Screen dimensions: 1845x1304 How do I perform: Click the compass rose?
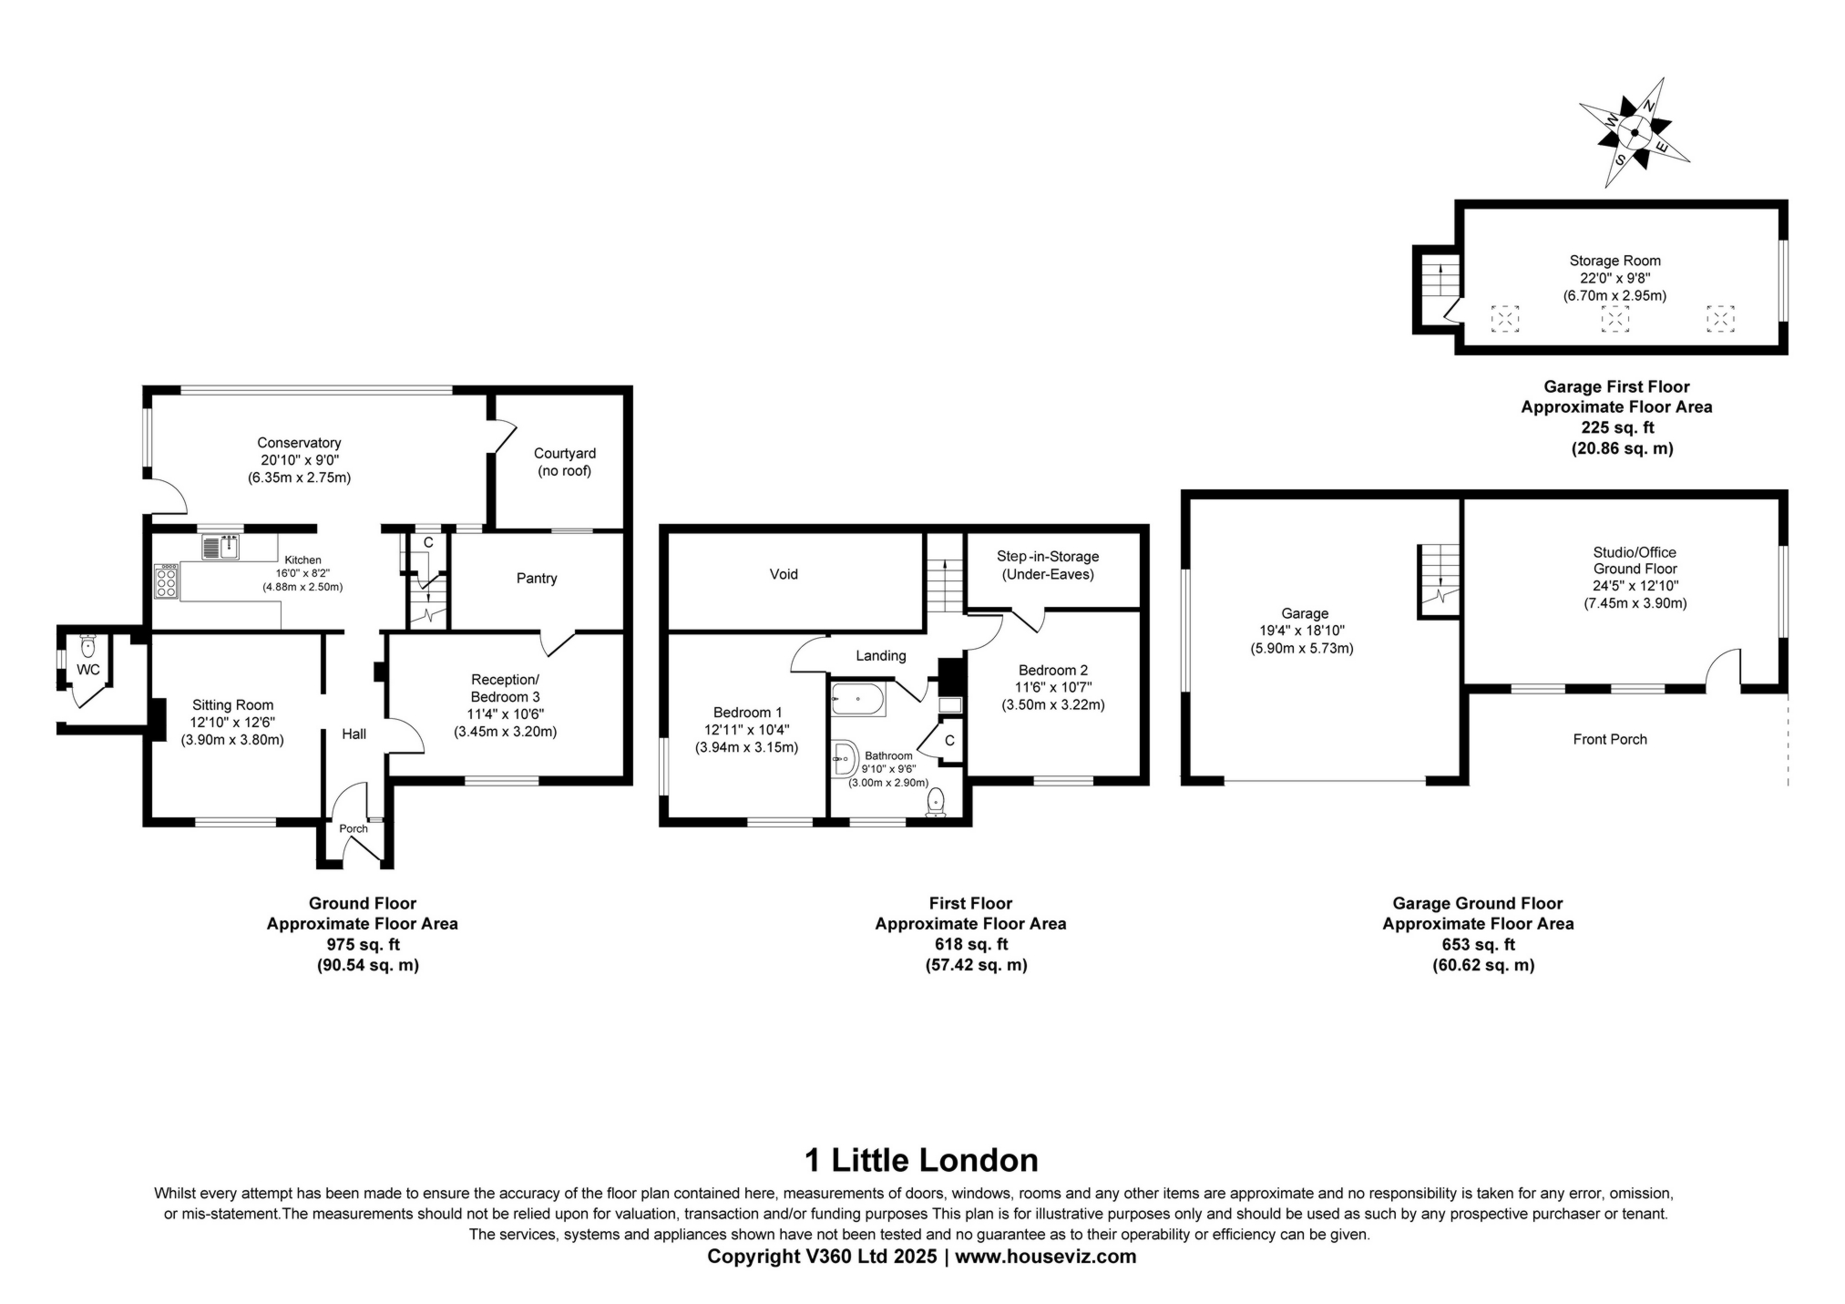coord(1635,133)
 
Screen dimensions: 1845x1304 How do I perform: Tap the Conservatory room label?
coord(299,444)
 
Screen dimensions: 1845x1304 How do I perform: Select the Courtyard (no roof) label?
coord(565,462)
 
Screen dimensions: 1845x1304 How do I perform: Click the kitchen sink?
coord(220,547)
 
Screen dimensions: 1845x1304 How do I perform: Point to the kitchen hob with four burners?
coord(166,581)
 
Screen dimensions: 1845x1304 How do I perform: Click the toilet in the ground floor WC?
coord(87,646)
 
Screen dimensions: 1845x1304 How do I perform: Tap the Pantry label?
coord(537,579)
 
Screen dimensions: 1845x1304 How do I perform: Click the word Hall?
coord(354,734)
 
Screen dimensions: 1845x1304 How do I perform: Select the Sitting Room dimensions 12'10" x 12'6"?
coord(232,723)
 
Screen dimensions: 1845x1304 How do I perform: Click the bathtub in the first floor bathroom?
coord(858,700)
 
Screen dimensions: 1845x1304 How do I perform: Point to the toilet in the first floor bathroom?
coord(936,803)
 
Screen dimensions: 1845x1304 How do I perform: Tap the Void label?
coord(784,574)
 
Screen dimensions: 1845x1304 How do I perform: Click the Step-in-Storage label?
coord(1048,557)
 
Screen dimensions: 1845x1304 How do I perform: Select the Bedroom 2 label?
coord(1053,671)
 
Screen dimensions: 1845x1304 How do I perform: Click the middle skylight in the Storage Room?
coord(1615,318)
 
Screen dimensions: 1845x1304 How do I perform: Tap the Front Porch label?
coord(1610,739)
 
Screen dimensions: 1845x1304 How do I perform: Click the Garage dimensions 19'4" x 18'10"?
coord(1305,631)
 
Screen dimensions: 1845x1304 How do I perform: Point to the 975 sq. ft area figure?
coord(364,944)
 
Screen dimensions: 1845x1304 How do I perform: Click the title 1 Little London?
coord(921,1160)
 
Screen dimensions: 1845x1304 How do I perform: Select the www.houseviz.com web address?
coord(1046,1257)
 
